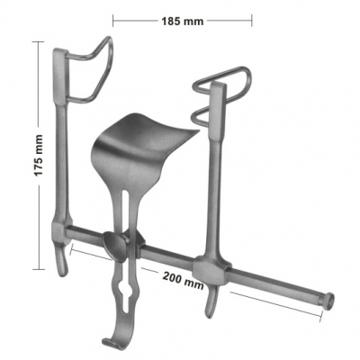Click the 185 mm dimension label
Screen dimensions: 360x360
point(183,22)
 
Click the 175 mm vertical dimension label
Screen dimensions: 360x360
point(39,156)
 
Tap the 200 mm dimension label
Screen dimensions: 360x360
point(184,280)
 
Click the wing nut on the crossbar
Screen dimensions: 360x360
point(116,247)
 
